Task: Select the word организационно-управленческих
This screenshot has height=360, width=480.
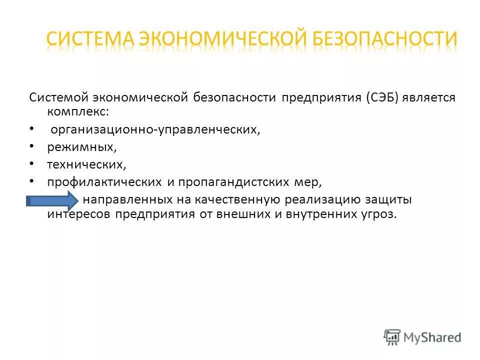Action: tap(155, 131)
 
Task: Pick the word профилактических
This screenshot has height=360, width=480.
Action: tap(104, 182)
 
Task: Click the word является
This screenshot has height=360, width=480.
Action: tap(430, 97)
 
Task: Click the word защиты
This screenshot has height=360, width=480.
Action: tap(392, 200)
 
